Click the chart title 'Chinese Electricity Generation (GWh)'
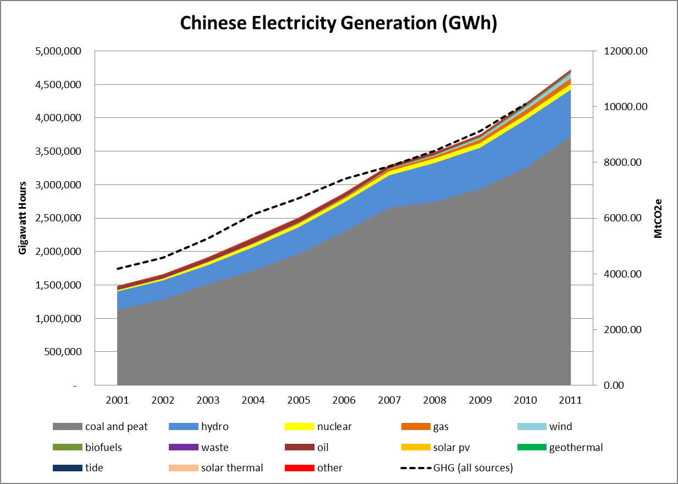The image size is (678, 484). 339,23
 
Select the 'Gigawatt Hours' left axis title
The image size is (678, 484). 23,218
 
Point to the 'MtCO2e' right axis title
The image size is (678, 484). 658,218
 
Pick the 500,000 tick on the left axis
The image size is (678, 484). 63,352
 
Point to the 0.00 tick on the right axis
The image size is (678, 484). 613,385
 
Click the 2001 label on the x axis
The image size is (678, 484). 118,400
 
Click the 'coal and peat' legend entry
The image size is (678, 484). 116,427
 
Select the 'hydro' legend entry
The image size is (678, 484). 214,427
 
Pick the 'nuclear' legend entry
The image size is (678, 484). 334,427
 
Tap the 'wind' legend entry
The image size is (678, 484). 560,427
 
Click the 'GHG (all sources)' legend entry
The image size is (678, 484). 473,468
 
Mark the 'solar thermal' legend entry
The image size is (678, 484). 231,468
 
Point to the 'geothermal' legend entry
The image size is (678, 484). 576,447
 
